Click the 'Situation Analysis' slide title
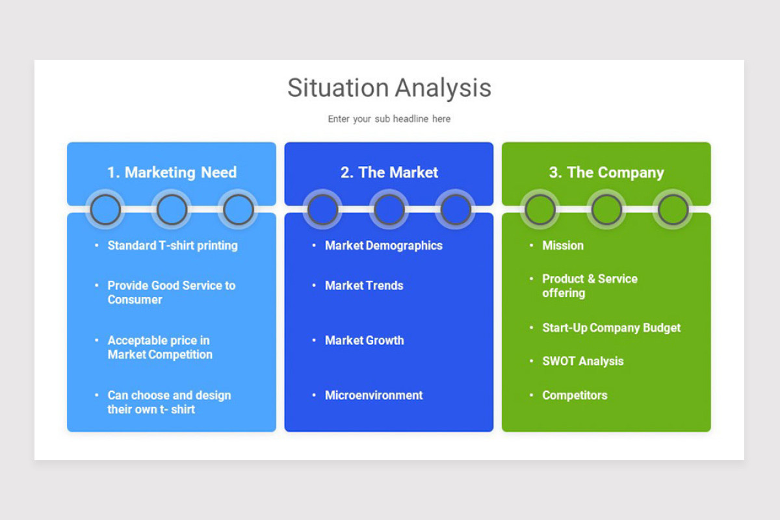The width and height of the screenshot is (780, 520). point(389,88)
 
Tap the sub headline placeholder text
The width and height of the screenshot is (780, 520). point(389,119)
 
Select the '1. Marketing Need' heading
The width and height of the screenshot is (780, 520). point(172,172)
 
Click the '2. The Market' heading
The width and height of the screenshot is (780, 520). point(389,172)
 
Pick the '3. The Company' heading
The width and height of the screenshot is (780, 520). point(606,172)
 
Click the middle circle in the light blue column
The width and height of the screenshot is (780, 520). point(172,210)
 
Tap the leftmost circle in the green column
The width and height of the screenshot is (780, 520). point(540,210)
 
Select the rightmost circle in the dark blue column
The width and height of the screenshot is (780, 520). point(456,210)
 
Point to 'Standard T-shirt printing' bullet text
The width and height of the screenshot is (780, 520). point(172,246)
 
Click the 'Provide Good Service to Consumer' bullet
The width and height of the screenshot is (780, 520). point(171,292)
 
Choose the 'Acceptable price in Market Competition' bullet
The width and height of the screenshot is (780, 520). point(160,347)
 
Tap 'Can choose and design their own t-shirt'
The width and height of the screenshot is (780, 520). point(169,402)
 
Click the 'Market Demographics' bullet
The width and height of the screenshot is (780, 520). point(383,246)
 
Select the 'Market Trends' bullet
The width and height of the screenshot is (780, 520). point(364,285)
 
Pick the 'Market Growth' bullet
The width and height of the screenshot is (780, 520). point(364,341)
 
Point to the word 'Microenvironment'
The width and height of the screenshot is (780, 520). point(374,395)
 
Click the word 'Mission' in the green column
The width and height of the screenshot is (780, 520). point(563,246)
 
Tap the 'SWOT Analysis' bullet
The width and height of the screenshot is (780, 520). point(582,361)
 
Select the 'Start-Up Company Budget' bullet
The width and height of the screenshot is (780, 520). point(611,328)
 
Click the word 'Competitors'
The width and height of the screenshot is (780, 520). point(575,395)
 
